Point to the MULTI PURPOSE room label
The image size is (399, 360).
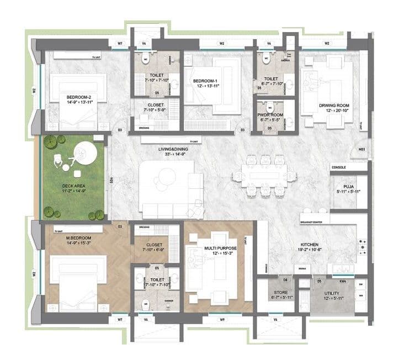click(x=218, y=248)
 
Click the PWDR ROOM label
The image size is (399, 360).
click(x=270, y=115)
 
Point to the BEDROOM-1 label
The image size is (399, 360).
click(x=205, y=81)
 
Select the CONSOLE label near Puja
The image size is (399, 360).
click(x=338, y=167)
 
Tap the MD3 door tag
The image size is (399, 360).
click(x=362, y=149)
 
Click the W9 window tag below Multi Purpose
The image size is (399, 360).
click(x=221, y=319)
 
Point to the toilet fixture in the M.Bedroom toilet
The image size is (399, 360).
click(x=146, y=303)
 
